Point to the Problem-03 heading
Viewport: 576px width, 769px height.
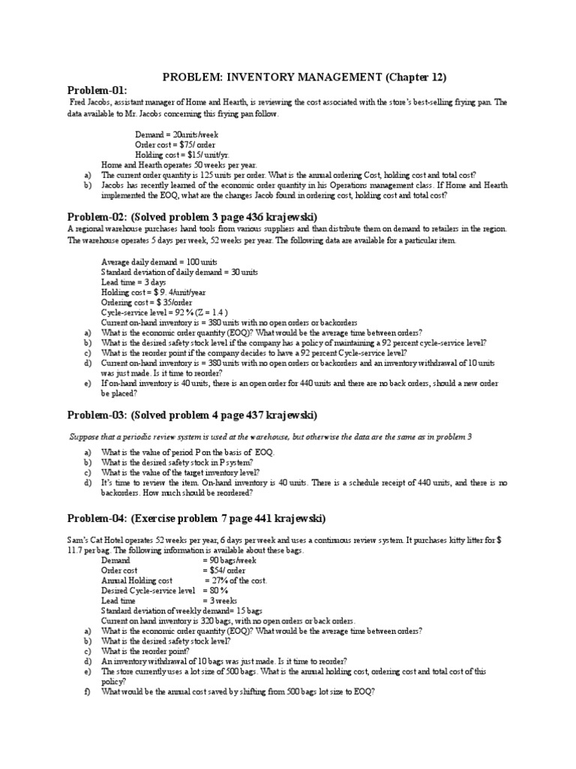192,415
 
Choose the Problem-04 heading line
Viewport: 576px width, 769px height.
196,518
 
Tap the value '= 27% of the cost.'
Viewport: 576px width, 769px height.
235,581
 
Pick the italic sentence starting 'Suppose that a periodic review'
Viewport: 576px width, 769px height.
271,437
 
